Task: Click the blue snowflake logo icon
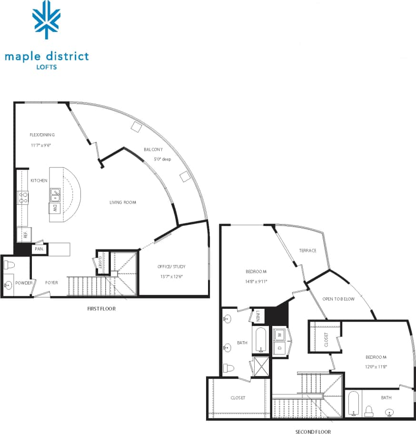[46, 20]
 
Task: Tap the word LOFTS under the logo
[47, 67]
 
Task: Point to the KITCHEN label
[39, 181]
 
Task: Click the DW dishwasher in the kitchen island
[55, 208]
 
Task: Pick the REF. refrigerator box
[24, 234]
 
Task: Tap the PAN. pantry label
[39, 249]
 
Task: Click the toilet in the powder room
[9, 264]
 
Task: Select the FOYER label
[51, 283]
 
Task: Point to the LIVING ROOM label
[123, 202]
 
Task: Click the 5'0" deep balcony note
[162, 159]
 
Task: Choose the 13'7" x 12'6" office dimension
[171, 276]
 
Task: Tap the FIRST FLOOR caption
[101, 309]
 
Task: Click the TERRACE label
[307, 250]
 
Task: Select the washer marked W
[279, 335]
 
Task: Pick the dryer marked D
[279, 348]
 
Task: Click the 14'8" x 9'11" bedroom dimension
[256, 281]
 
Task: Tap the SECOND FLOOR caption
[313, 432]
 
